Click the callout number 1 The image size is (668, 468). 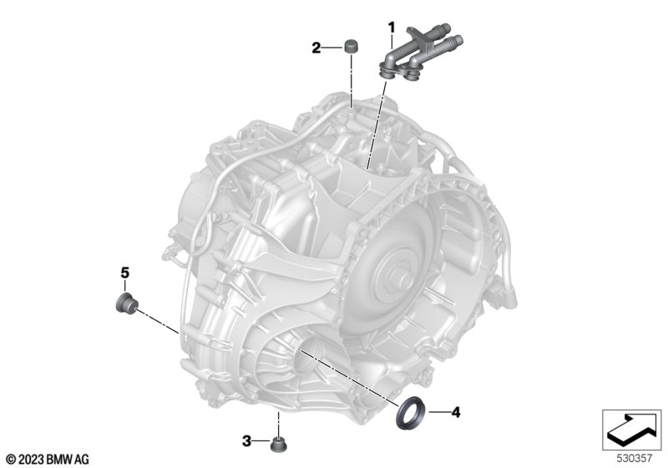(391, 28)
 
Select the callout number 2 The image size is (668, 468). (316, 48)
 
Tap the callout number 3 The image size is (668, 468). (246, 441)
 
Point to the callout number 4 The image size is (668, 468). (456, 412)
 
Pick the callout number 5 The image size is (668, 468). (124, 272)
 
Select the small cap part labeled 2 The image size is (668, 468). (351, 45)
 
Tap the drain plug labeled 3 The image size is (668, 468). (279, 445)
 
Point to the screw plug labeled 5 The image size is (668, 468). (127, 303)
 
